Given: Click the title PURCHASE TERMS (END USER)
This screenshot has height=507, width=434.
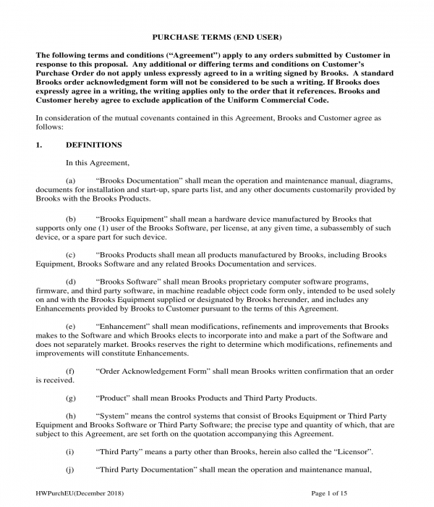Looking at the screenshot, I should [216, 36].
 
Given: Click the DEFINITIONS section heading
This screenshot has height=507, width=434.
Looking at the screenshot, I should [93, 145].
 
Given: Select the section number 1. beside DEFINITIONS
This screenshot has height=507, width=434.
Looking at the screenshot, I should [40, 145].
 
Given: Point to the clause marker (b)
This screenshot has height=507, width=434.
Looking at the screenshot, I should [70, 218].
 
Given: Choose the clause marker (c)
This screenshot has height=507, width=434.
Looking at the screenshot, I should [70, 255].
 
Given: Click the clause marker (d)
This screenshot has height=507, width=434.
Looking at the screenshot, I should [70, 281].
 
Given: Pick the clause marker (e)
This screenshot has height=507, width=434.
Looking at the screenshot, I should [70, 327].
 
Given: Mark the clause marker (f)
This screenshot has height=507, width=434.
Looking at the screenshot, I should [70, 371].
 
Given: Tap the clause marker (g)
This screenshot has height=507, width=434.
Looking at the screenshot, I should [70, 398].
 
